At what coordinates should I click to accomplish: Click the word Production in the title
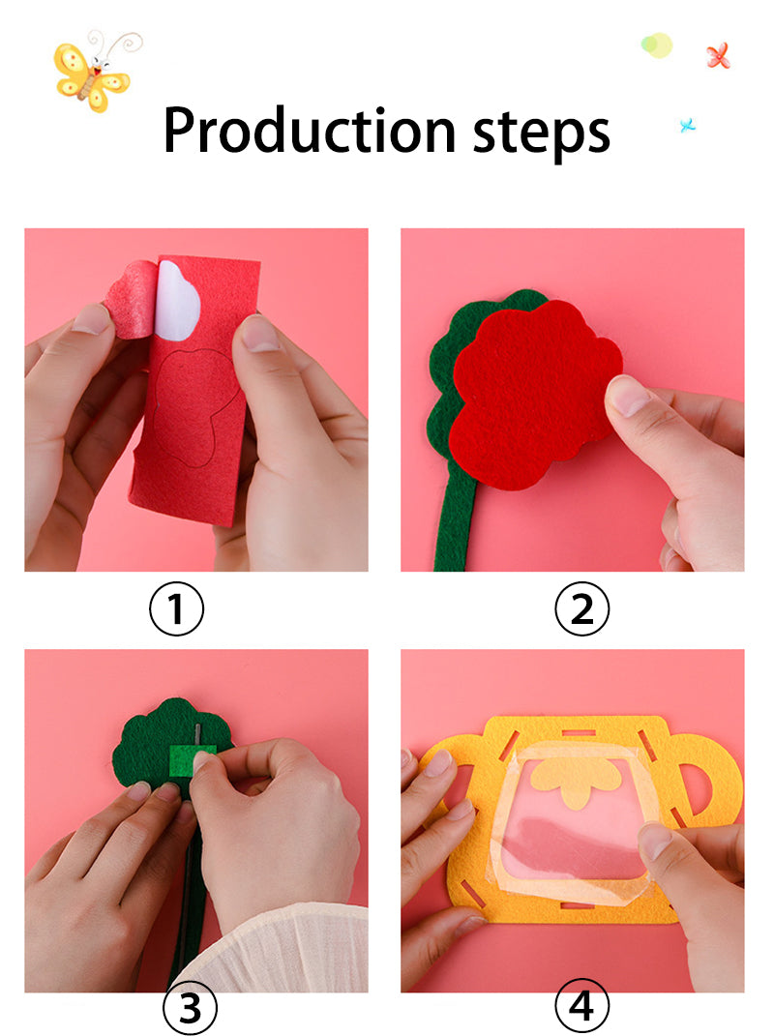309,132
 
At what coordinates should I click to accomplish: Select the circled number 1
177,609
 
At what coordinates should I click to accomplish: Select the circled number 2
581,609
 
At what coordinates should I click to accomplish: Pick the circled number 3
190,1008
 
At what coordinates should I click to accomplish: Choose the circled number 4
581,1008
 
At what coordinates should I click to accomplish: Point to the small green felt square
182,758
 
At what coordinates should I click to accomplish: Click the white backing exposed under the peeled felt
178,300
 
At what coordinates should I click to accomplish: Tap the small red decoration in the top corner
716,55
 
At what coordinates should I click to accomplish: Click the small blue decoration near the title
688,124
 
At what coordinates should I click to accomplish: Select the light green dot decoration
657,44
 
